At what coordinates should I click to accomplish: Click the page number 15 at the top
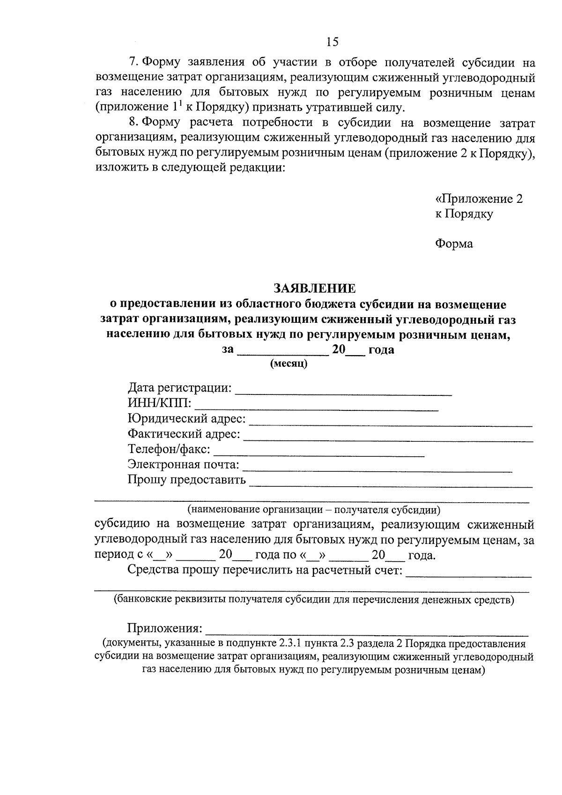tap(332, 42)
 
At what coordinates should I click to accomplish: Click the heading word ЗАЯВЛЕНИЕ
tap(315, 288)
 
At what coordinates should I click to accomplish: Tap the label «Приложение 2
tap(479, 199)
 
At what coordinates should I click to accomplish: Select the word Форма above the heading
tap(454, 244)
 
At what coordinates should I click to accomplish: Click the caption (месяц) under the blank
tap(288, 364)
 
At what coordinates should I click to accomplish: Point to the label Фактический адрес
tap(184, 434)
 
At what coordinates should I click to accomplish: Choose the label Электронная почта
tap(183, 465)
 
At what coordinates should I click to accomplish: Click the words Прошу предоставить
tap(187, 480)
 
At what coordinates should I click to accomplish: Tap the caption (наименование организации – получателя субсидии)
tap(314, 509)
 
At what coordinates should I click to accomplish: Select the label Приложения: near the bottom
tap(165, 628)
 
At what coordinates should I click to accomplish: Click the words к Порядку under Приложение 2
tap(464, 214)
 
